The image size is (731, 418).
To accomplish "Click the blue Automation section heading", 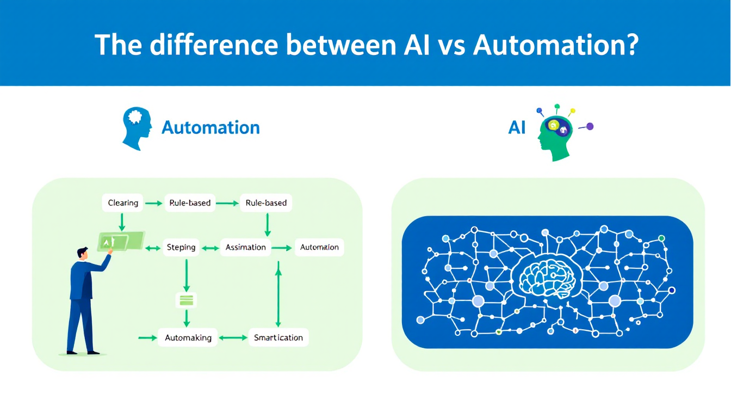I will click(x=210, y=128).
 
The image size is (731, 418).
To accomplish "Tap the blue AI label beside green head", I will click(x=517, y=128).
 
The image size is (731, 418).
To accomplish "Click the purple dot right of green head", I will click(x=590, y=126).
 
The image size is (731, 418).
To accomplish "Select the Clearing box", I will click(x=123, y=203).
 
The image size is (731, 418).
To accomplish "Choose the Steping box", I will click(x=181, y=247).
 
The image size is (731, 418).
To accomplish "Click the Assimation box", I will click(x=245, y=247).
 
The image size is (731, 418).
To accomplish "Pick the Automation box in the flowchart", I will click(x=319, y=247).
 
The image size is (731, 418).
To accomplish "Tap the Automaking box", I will click(x=188, y=337).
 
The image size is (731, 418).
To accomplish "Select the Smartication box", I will click(x=278, y=337).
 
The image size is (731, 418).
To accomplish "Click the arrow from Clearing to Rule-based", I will click(x=154, y=204).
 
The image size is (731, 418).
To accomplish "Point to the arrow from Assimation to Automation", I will click(x=282, y=248).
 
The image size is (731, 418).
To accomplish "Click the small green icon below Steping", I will click(x=187, y=299).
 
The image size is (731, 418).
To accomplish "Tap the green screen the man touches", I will click(x=121, y=241).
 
